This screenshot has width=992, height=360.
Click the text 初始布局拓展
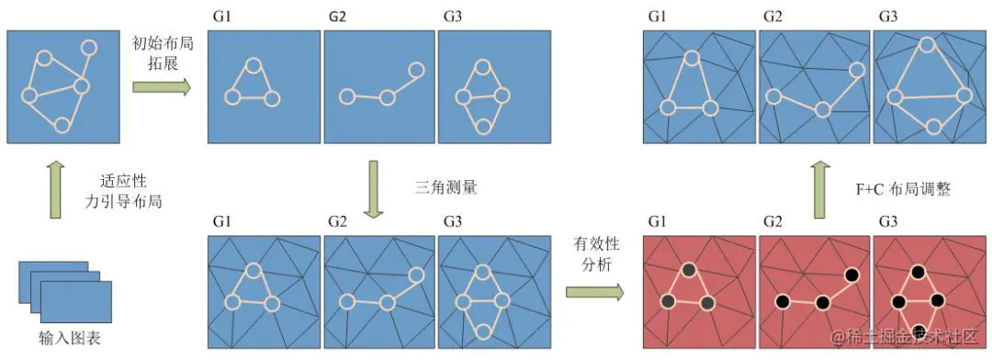(161, 52)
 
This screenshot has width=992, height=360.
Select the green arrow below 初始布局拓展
(161, 86)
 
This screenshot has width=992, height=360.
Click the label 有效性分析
(592, 253)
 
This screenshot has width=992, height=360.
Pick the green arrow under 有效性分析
(594, 292)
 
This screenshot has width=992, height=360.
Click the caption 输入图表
(70, 338)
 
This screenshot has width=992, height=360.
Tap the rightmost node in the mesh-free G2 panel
(416, 70)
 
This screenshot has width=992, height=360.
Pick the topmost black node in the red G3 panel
(916, 271)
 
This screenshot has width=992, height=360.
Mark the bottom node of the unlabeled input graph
(62, 124)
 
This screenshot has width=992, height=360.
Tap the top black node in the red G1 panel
(689, 270)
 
